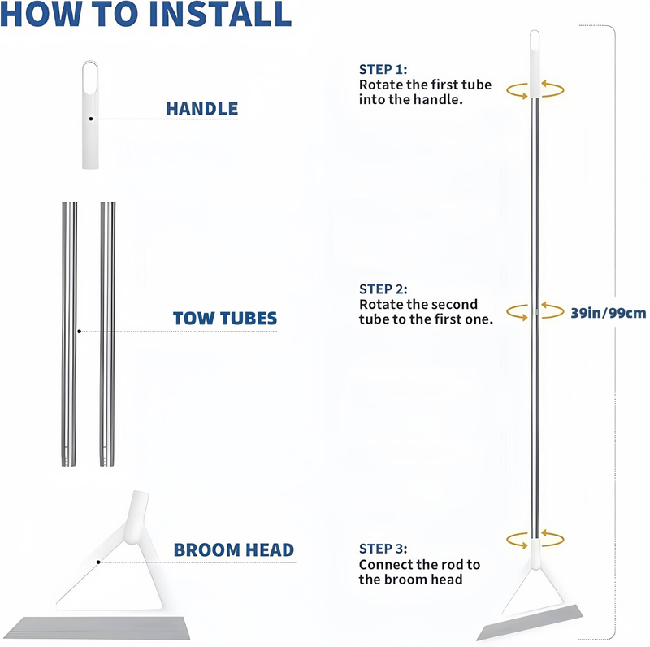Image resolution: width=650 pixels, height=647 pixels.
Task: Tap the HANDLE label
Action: point(201,109)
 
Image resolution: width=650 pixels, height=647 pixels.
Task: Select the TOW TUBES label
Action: point(225,318)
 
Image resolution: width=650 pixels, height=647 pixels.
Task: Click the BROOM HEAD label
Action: point(234,550)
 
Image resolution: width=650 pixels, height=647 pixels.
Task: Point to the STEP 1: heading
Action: point(383,69)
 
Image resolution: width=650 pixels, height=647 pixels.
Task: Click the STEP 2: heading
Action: point(383,289)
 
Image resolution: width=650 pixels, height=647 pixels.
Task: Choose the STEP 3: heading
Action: point(383,549)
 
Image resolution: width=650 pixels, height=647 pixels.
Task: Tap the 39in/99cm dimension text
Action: point(608,313)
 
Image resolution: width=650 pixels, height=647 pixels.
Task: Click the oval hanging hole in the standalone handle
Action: point(90,77)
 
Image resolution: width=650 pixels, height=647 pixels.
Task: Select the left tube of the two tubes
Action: point(69,334)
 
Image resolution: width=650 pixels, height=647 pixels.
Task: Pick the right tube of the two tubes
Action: point(108,334)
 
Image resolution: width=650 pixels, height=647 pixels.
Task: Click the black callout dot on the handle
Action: point(91,119)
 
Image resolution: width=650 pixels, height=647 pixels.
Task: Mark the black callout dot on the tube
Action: point(79,332)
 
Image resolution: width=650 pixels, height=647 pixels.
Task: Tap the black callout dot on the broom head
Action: point(98,562)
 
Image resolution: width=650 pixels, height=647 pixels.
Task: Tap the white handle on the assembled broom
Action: point(535,63)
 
